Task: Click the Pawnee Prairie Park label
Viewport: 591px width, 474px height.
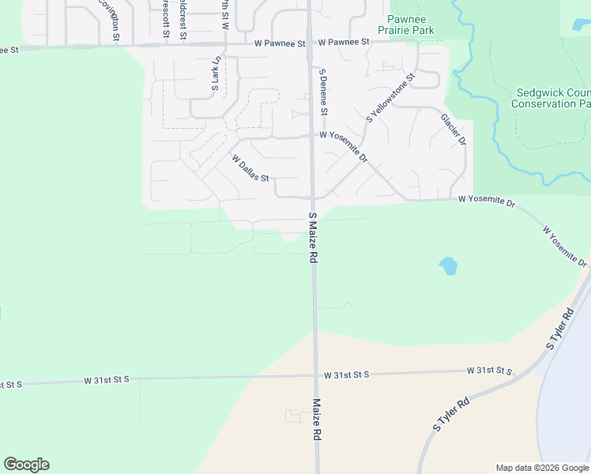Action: pos(411,24)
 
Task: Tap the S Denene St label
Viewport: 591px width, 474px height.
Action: pos(322,92)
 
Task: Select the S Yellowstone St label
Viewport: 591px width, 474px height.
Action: pos(390,99)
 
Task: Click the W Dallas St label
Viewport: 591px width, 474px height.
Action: pos(250,167)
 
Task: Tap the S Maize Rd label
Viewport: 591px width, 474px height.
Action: pos(313,237)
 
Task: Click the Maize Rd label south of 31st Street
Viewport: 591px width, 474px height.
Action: pos(316,419)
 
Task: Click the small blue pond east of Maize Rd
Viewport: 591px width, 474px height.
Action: pos(448,265)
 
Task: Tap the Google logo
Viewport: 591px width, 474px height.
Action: pos(26,465)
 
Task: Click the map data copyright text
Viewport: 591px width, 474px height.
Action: pos(542,468)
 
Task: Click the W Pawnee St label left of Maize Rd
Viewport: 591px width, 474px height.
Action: pos(280,44)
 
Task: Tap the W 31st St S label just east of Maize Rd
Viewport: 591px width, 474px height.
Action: pos(346,374)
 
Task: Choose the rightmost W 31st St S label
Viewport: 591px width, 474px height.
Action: pos(488,370)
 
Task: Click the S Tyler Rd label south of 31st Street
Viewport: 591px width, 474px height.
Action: pos(451,414)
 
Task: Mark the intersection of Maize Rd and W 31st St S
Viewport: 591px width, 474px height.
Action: pos(316,376)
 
